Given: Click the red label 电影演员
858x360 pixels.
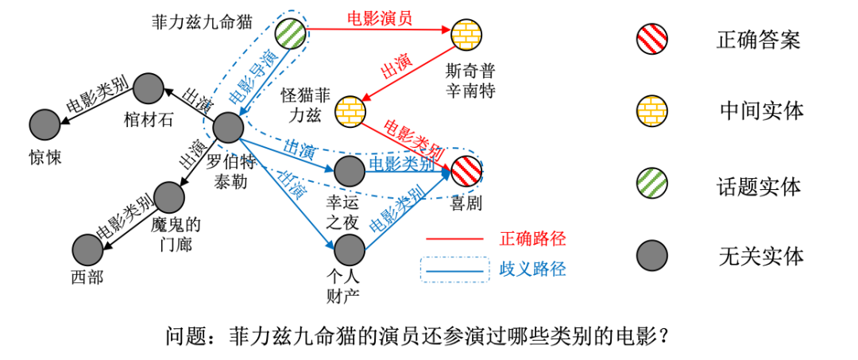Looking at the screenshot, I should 379,17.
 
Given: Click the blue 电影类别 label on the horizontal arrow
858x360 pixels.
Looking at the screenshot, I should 402,164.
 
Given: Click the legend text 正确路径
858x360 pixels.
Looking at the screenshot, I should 532,238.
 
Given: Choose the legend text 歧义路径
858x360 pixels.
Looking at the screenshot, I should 532,269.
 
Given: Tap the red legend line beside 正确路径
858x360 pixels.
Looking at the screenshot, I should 454,238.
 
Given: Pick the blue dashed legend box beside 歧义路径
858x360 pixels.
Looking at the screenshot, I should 454,269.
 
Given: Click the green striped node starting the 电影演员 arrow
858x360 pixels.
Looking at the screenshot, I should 290,33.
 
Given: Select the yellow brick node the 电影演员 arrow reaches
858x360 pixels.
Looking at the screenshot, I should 466,35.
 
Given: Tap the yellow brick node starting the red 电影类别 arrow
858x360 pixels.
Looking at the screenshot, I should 350,112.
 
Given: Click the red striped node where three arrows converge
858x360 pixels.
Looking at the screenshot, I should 466,171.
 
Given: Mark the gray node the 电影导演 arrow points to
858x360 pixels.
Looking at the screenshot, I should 228,127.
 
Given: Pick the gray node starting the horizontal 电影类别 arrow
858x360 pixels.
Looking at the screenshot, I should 350,171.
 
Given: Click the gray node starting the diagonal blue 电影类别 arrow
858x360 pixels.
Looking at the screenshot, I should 350,250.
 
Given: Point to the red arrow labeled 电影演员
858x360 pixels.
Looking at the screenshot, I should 378,30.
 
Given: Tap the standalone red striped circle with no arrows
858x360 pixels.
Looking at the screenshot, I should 651,39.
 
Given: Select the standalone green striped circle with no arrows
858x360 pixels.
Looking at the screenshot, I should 651,183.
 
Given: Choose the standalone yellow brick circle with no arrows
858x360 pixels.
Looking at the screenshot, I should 651,111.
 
